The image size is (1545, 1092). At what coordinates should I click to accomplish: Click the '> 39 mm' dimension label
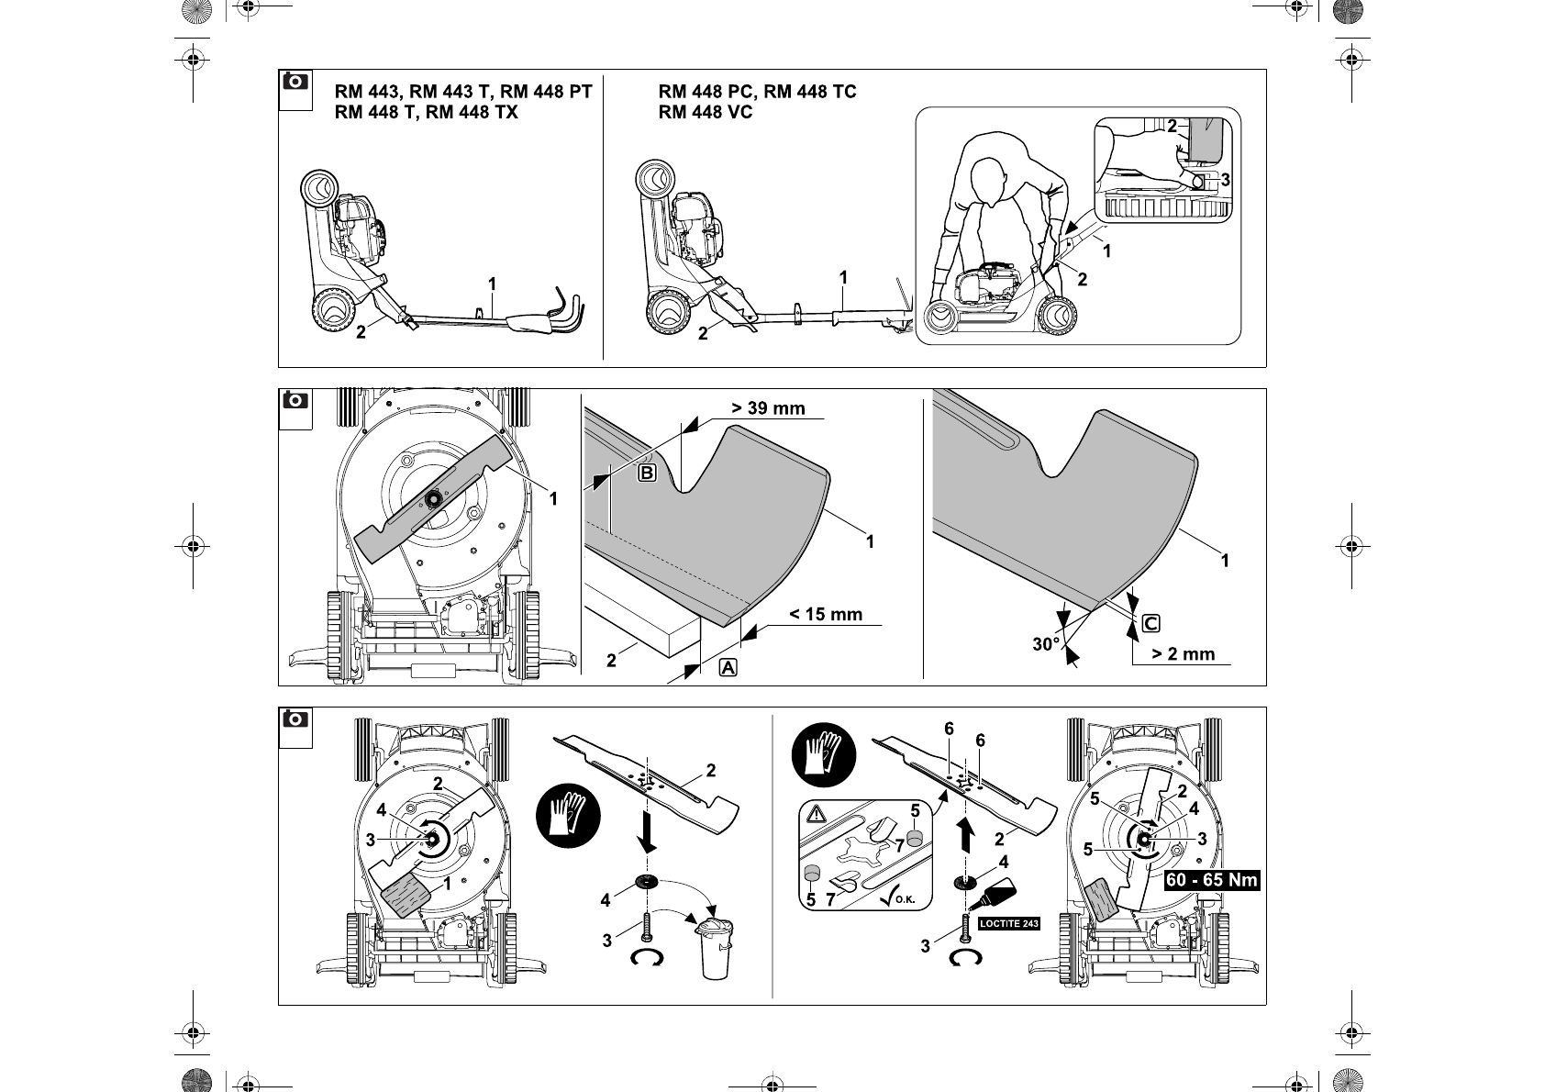(768, 408)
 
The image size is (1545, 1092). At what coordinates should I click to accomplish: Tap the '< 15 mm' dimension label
(826, 615)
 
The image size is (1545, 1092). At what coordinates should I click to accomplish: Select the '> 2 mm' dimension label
(1183, 654)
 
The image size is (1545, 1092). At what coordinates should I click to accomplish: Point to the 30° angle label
(1046, 644)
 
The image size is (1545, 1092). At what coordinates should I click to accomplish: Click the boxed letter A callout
(728, 668)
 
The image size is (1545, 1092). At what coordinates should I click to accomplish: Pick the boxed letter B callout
(647, 474)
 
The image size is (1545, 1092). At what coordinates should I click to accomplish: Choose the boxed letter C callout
(1151, 624)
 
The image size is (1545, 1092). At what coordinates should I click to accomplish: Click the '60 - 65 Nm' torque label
(1211, 880)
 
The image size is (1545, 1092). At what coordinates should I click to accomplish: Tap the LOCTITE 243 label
(1008, 923)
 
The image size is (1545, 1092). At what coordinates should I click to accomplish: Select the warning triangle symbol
(817, 814)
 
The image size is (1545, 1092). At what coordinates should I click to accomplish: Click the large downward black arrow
(649, 835)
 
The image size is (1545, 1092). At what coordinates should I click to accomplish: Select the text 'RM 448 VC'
(705, 112)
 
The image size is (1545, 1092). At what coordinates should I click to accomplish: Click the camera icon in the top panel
(295, 82)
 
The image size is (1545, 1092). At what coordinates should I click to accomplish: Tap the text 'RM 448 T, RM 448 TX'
(426, 112)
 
